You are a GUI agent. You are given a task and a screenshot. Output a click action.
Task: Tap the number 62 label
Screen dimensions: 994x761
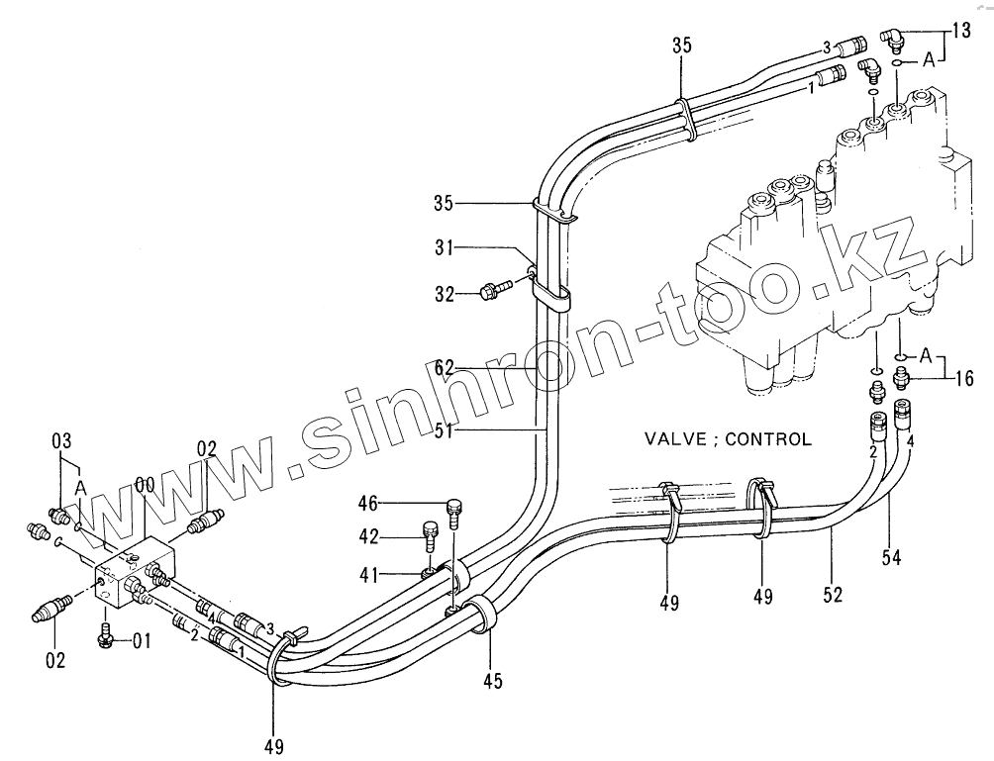tap(445, 367)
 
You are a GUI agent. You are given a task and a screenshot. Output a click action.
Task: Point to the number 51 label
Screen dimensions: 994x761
tap(445, 429)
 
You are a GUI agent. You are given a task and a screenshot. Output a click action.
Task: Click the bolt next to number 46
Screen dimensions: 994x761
tap(455, 511)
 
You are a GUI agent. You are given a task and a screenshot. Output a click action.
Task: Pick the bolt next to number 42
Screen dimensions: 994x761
tap(430, 537)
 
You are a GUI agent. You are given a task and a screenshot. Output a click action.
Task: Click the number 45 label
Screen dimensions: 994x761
tap(492, 681)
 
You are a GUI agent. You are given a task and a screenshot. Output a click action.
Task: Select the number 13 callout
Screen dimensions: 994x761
tap(961, 31)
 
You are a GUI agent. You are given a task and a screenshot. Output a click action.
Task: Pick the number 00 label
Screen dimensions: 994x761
tap(145, 484)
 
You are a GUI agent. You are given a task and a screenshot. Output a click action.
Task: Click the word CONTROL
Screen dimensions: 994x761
tap(768, 438)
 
